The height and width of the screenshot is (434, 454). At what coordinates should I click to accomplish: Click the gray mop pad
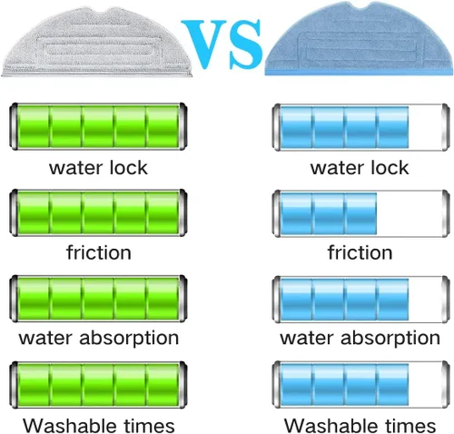click(97, 43)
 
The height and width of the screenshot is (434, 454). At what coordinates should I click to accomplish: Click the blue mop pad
click(360, 39)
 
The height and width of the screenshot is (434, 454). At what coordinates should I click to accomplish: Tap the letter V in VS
click(204, 43)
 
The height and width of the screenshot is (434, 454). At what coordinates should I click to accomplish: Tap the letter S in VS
click(245, 44)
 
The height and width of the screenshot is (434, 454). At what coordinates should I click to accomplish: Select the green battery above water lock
click(98, 126)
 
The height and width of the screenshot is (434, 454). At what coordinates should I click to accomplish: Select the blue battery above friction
click(360, 213)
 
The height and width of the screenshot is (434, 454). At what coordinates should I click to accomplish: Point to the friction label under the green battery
click(99, 252)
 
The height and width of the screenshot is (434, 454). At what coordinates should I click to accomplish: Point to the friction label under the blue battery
click(360, 252)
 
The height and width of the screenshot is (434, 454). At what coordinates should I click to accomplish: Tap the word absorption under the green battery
click(129, 339)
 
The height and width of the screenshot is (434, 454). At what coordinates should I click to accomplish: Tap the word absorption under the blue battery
click(390, 339)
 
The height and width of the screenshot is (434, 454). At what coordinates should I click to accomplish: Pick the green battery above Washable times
click(98, 385)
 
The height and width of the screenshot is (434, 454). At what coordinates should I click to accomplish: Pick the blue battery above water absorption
click(360, 300)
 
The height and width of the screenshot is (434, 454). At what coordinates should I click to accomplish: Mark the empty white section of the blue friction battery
click(410, 213)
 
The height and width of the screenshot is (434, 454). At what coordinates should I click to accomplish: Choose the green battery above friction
click(98, 212)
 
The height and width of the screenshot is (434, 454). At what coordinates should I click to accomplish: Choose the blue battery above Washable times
click(360, 385)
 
